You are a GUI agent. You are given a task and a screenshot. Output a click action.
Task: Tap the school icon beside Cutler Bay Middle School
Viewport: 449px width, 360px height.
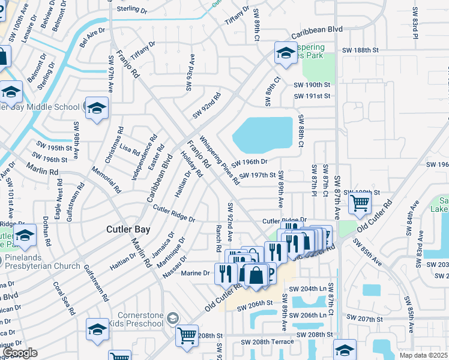(96, 108)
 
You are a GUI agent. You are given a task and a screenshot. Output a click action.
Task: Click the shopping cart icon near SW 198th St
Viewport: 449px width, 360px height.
(360, 203)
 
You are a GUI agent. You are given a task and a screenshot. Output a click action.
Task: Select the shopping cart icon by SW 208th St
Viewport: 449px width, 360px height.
(187, 335)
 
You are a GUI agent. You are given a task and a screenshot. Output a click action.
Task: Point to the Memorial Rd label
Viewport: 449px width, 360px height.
(109, 179)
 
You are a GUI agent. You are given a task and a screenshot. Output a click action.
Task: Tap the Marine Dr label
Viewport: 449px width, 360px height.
(197, 272)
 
